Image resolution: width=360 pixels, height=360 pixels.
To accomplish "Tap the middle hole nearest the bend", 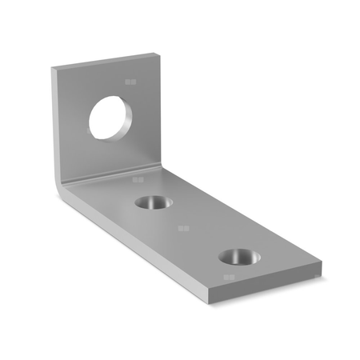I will (x=153, y=202).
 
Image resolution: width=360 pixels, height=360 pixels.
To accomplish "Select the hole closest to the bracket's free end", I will (x=238, y=257).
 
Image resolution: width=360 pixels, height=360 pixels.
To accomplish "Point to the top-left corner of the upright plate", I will (x=53, y=69).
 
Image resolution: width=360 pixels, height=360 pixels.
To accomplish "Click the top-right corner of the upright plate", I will (x=156, y=54).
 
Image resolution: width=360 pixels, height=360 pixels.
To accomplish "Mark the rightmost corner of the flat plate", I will (x=322, y=266).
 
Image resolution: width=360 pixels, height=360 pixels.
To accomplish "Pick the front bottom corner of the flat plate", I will (x=210, y=302).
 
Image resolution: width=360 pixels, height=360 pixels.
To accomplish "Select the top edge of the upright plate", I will (x=104, y=61).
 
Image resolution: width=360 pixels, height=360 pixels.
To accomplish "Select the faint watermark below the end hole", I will (x=230, y=278).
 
